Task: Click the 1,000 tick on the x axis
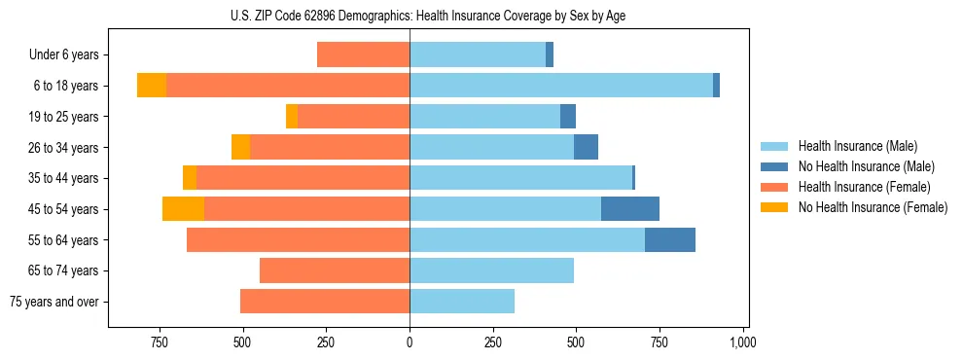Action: [743, 343]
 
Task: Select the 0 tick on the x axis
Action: [410, 343]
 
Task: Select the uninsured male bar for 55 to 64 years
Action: [670, 240]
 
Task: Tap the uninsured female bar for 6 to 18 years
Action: [152, 86]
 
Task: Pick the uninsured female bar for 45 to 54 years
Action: [183, 209]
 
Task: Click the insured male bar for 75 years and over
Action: [462, 302]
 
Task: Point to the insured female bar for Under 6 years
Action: [363, 55]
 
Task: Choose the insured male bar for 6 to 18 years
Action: [561, 86]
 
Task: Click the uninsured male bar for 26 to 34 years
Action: [586, 147]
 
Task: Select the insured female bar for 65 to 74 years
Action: [335, 270]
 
